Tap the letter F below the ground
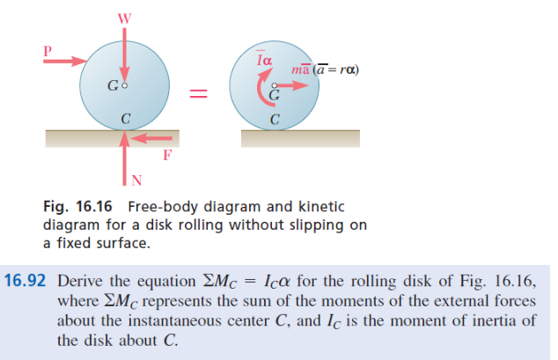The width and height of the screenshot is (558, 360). [167, 156]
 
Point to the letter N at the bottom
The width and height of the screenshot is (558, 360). [136, 181]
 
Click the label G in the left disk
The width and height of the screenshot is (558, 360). [112, 85]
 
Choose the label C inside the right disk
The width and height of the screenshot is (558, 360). [276, 120]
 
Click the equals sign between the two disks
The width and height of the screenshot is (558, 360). [200, 92]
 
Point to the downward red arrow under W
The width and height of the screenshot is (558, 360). [127, 57]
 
